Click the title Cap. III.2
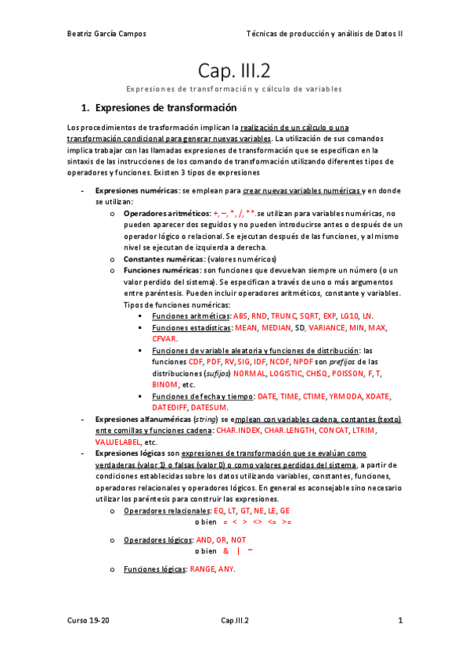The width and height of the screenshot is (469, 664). coord(233,70)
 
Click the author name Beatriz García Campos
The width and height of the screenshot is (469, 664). coord(106,34)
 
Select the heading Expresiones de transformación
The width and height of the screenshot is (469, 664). coord(164,107)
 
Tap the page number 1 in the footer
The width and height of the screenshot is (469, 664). coord(400,621)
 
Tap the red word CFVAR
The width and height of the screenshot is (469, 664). coord(164,339)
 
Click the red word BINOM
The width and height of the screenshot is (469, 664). coord(164,385)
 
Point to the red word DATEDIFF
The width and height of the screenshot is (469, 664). coord(175,408)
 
